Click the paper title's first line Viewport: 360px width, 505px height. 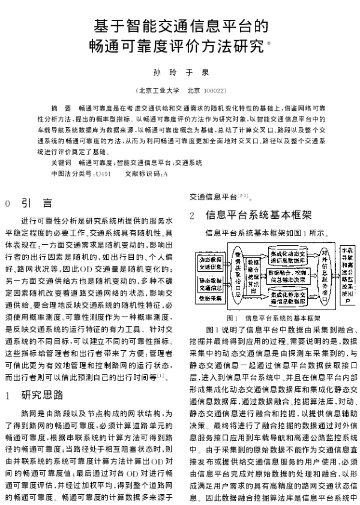coord(180,26)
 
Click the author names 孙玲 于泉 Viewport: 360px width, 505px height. coord(180,72)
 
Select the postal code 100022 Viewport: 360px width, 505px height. coord(214,91)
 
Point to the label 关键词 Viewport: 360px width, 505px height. coord(61,163)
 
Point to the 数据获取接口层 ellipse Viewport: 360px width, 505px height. coord(238,272)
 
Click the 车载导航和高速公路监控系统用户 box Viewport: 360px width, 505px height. coord(346,273)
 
